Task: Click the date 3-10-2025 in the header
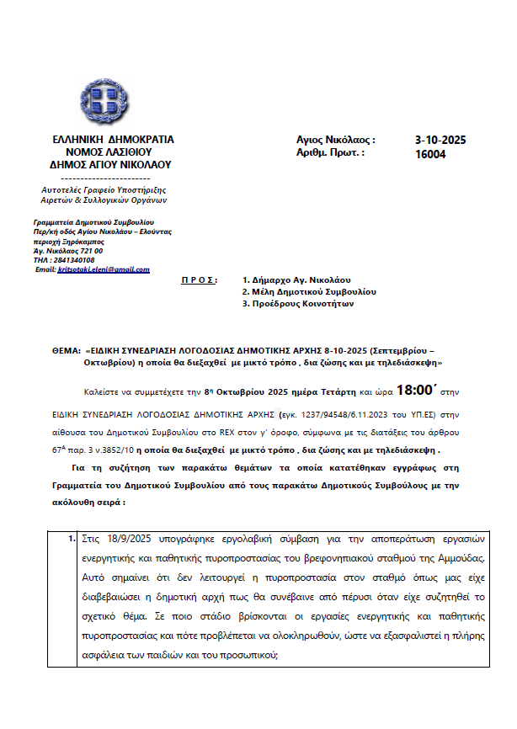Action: (440, 140)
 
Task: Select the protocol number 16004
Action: (430, 154)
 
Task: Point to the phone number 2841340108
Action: (77, 260)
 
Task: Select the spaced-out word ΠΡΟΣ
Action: (199, 279)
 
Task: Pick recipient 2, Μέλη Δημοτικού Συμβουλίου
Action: (308, 291)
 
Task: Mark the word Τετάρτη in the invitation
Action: (336, 393)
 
